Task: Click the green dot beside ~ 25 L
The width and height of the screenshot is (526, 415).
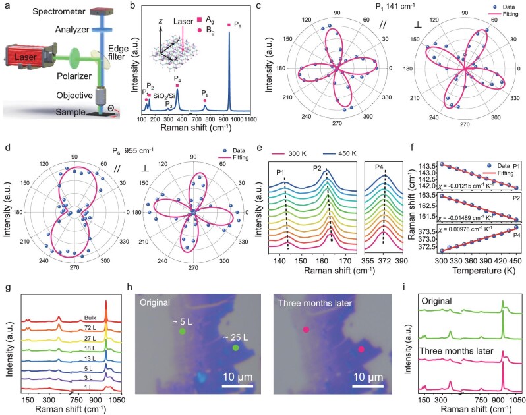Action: coord(235,348)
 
